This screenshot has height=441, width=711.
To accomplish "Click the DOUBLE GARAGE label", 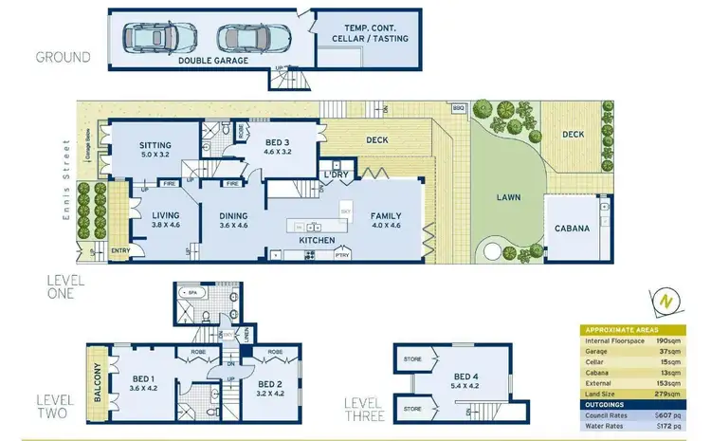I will tap(212, 60).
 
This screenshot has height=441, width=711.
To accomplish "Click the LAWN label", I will tap(508, 198).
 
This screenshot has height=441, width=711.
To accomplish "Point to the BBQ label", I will tap(459, 108).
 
